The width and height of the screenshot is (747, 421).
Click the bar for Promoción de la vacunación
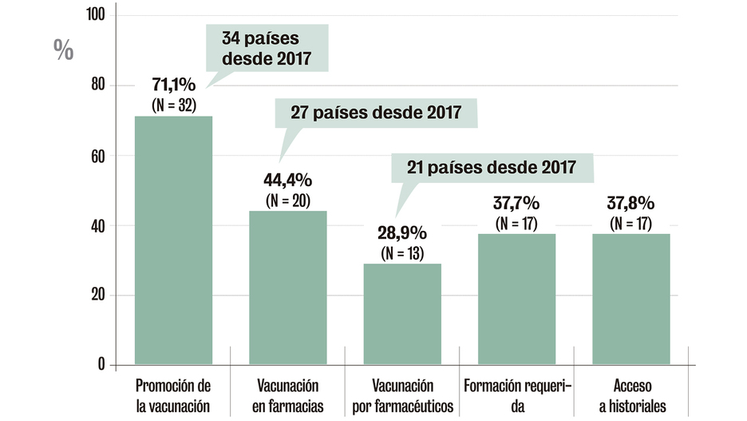click(173, 240)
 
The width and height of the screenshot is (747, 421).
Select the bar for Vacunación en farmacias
click(287, 288)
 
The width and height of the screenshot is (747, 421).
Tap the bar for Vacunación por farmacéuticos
click(402, 314)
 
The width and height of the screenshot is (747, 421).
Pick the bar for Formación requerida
click(516, 299)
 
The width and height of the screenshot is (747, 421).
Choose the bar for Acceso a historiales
click(630, 299)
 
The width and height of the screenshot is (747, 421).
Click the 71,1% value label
click(174, 84)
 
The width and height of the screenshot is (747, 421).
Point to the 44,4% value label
click(287, 179)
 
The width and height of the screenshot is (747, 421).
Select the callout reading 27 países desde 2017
click(376, 112)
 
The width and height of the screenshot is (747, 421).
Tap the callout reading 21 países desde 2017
click(492, 168)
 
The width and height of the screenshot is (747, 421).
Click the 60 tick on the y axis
click(97, 156)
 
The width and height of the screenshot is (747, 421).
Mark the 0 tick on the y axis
click(101, 365)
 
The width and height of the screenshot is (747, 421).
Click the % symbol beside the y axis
click(63, 50)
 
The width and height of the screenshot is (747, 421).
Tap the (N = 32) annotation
click(174, 104)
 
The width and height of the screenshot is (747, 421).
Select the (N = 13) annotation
click(402, 253)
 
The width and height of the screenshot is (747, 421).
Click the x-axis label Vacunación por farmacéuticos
click(402, 396)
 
